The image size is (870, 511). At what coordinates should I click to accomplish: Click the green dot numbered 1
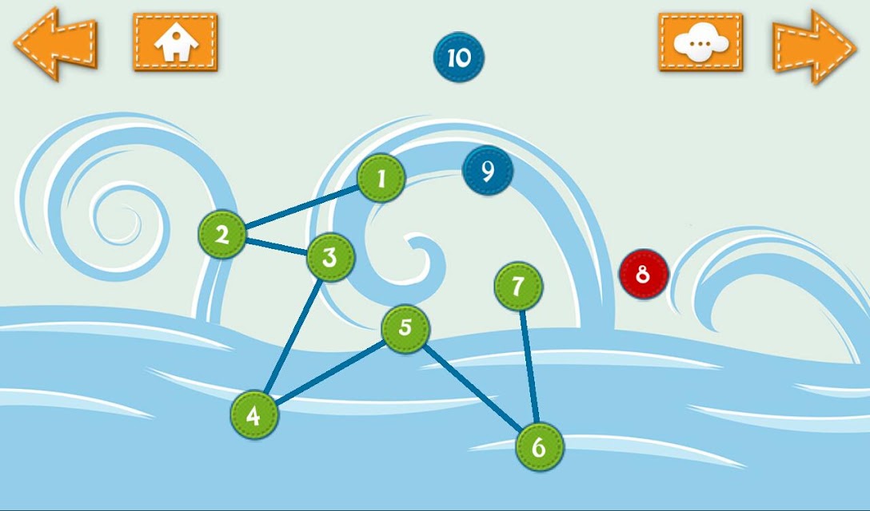click(381, 178)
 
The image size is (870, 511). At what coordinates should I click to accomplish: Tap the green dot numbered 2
click(222, 234)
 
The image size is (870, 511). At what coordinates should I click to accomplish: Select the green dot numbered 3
click(330, 257)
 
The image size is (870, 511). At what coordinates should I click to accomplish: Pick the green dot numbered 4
click(254, 414)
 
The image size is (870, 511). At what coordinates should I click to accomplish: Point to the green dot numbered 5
click(405, 329)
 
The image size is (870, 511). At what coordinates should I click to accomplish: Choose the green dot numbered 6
click(539, 446)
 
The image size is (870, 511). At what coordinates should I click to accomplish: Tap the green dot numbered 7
click(518, 287)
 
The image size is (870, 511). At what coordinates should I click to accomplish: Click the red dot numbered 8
click(644, 274)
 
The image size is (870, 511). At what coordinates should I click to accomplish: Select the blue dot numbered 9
click(488, 171)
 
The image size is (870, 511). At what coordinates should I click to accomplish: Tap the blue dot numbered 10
click(459, 57)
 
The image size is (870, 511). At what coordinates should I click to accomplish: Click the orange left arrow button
click(55, 45)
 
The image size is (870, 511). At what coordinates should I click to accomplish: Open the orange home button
click(175, 42)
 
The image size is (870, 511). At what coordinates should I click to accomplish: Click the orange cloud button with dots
click(700, 42)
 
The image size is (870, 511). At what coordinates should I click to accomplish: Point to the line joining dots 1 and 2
click(301, 206)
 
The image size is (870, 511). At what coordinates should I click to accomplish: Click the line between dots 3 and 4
click(293, 336)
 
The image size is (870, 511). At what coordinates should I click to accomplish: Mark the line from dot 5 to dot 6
click(472, 387)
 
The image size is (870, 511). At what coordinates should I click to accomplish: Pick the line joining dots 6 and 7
click(529, 367)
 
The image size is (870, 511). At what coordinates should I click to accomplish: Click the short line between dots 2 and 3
click(277, 246)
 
